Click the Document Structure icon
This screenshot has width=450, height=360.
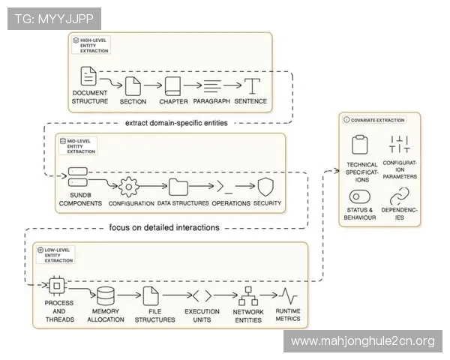click(88, 76)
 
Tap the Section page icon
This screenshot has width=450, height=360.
click(133, 85)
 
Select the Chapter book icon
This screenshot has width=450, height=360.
click(173, 85)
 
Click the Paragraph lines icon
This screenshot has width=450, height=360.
click(211, 85)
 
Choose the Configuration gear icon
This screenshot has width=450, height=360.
click(130, 186)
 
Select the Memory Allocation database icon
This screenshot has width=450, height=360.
click(106, 295)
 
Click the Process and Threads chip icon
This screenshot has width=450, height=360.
click(55, 286)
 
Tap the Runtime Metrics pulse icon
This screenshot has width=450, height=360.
click(286, 295)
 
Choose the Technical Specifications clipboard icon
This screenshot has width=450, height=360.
click(361, 145)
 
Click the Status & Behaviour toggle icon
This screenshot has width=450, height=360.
click(361, 197)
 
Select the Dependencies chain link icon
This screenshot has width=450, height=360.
click(399, 197)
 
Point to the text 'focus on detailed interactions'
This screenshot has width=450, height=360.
click(164, 227)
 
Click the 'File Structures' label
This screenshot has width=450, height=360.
click(153, 315)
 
